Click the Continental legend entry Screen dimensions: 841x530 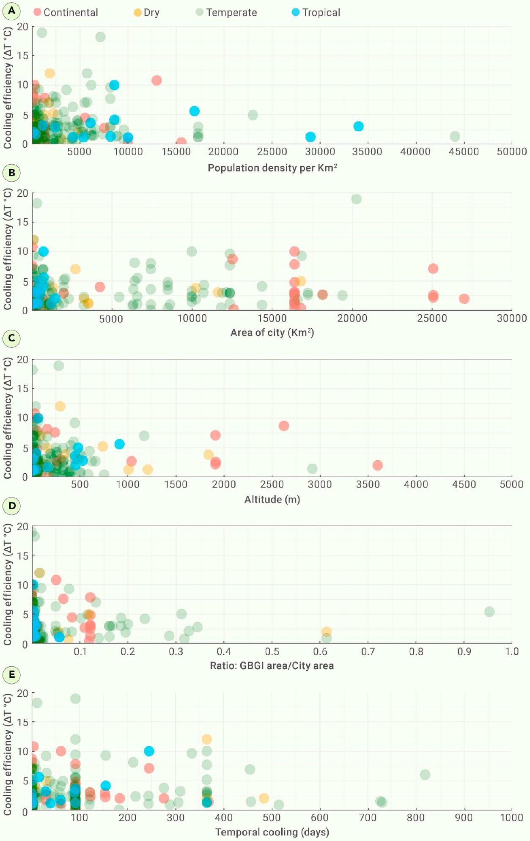(66, 12)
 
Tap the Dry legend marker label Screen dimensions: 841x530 (147, 12)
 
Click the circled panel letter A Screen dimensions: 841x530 (11, 11)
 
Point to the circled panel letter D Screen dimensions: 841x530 (12, 506)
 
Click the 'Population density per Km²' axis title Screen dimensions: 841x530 (272, 168)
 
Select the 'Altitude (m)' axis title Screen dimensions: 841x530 (272, 500)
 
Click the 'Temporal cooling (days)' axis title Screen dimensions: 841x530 (272, 832)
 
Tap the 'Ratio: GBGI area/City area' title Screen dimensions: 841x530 (272, 665)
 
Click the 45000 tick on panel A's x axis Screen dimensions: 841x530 (464, 152)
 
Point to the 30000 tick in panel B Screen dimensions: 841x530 (511, 318)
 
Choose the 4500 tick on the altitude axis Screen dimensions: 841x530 (464, 484)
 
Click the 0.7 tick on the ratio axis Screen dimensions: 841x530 (368, 651)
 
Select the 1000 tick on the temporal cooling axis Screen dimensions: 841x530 (511, 817)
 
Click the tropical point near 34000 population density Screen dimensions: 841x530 (358, 126)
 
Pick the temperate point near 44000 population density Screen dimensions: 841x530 (455, 136)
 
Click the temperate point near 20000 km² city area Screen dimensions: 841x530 (356, 199)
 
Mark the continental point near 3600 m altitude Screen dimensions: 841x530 (377, 465)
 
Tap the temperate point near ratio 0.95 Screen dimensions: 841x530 (489, 611)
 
